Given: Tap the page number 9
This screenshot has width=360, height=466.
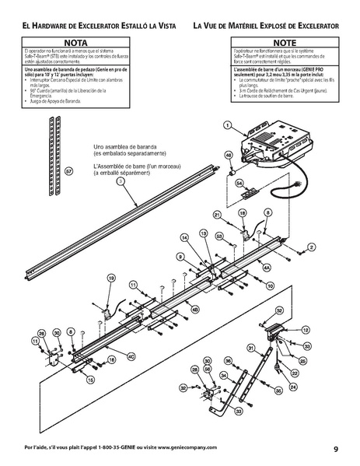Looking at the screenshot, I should tap(335, 449).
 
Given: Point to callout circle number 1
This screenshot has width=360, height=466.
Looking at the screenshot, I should tap(226, 125).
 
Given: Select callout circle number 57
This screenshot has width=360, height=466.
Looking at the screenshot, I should tap(68, 170).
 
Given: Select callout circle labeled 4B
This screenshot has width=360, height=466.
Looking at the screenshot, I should tap(194, 309).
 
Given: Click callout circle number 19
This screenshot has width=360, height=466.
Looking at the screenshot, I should tap(111, 278).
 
